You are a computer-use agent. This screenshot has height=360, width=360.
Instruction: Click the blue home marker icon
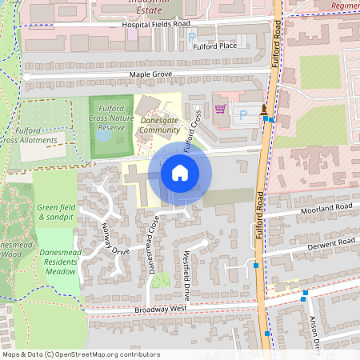(179, 173)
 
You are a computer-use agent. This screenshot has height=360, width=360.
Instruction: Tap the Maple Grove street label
(150, 74)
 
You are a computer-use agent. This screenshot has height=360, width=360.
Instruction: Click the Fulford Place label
(214, 46)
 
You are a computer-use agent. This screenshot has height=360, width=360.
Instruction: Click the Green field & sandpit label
(56, 212)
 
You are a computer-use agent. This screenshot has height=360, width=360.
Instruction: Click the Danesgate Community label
(159, 125)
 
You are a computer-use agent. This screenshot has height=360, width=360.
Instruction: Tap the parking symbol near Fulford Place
(192, 37)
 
